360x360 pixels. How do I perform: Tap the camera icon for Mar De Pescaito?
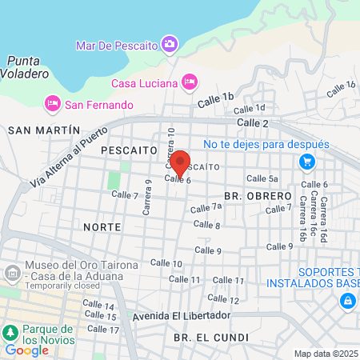pyautogui.click(x=169, y=44)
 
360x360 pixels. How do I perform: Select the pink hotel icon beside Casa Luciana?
pyautogui.click(x=189, y=81)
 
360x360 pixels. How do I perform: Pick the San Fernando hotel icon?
pyautogui.click(x=53, y=103)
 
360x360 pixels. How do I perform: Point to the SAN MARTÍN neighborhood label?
pyautogui.click(x=44, y=130)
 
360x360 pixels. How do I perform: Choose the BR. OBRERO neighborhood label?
pyautogui.click(x=258, y=195)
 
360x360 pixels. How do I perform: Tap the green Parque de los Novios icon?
pyautogui.click(x=10, y=332)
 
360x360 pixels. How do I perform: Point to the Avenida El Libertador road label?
pyautogui.click(x=181, y=314)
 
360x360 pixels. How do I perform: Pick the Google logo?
pyautogui.click(x=26, y=350)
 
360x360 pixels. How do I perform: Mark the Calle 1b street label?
pyautogui.click(x=216, y=95)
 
